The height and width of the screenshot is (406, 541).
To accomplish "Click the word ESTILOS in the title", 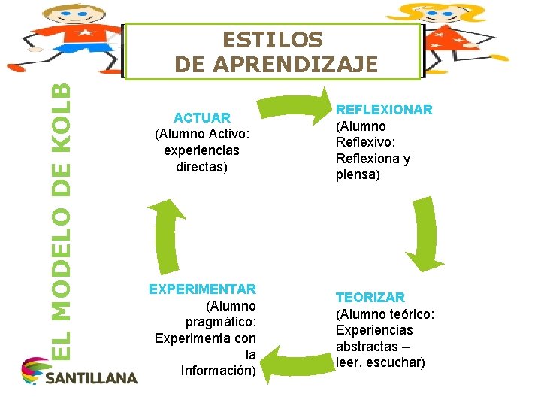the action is [273, 39].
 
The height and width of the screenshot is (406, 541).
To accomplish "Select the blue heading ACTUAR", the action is [201, 118].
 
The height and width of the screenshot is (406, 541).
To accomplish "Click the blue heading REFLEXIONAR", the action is [383, 110].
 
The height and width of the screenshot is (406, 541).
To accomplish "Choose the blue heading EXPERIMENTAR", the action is [202, 289].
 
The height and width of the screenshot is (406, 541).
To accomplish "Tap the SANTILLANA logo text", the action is [91, 377].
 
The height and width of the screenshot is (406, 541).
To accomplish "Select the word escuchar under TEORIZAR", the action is [394, 363].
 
